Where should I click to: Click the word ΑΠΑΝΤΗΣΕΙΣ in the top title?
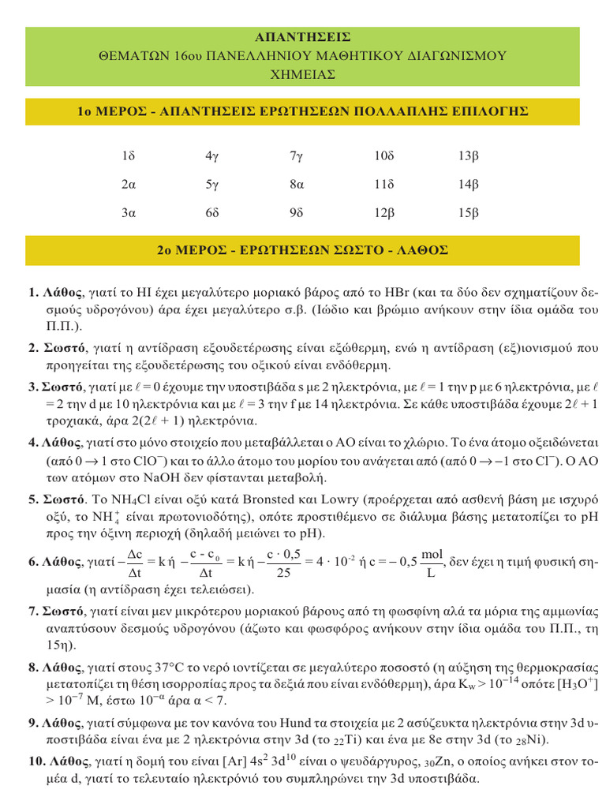pos(303,37)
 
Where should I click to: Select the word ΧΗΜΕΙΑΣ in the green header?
pos(303,74)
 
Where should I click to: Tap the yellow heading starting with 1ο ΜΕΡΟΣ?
pos(303,111)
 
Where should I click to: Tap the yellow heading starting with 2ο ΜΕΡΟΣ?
pos(303,250)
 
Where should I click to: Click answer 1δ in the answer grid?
pos(129,157)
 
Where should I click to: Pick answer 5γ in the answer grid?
pos(211,185)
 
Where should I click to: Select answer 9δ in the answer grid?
pos(296,213)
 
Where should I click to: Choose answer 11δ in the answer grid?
pos(383,185)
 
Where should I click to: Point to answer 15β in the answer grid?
pos(469,213)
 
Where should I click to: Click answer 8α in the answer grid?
pos(296,185)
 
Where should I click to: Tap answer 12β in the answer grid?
pos(383,213)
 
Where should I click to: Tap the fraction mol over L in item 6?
pos(432,563)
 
